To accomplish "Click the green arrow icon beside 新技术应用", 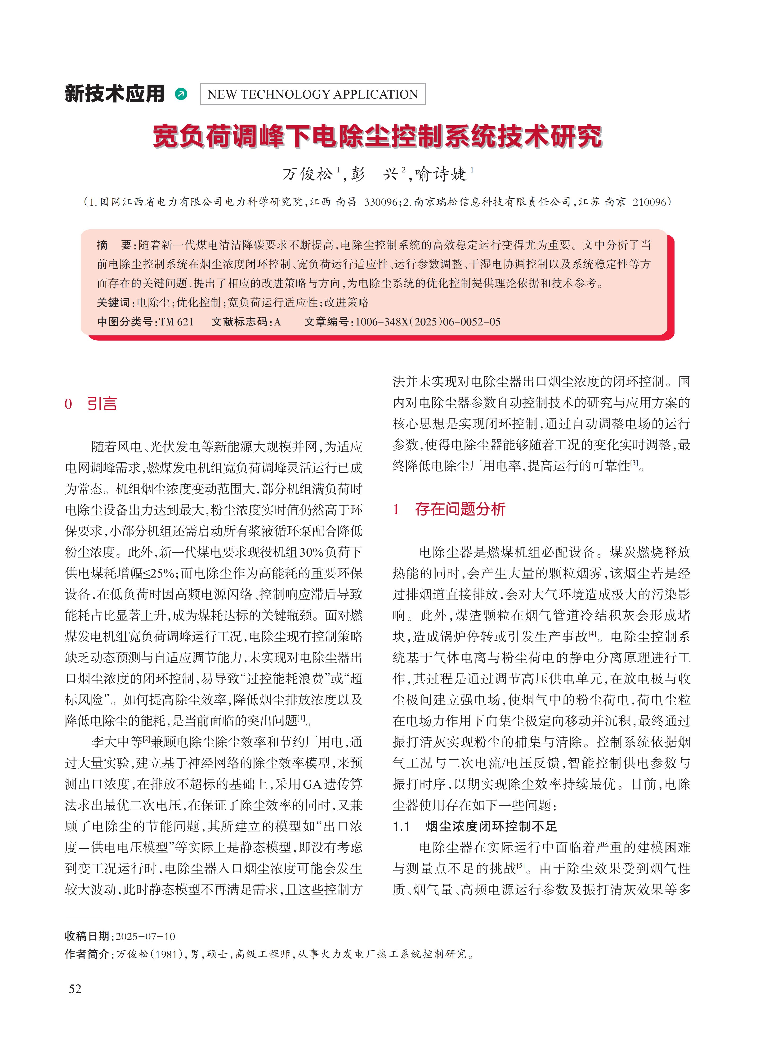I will pyautogui.click(x=181, y=94).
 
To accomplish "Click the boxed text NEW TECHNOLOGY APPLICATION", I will pyautogui.click(x=313, y=94).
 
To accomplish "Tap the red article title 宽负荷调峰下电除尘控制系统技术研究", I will pyautogui.click(x=378, y=137).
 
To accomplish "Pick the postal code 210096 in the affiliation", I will pyautogui.click(x=649, y=202).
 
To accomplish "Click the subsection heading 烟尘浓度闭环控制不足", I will pyautogui.click(x=491, y=826).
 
